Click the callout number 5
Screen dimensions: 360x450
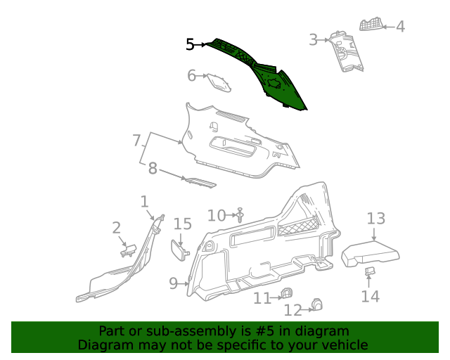pos(190,44)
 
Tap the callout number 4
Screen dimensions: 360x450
pos(400,27)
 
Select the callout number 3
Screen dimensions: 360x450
pos(314,40)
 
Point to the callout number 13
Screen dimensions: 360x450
pos(376,218)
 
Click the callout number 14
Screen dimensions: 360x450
pos(370,296)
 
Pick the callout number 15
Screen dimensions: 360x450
pos(183,224)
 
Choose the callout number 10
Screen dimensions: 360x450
pos(217,215)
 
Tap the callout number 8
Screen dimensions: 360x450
pos(153,168)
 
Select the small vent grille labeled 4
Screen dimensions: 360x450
pos(371,25)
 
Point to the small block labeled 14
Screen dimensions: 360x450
pos(370,271)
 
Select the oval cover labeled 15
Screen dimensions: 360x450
pos(179,250)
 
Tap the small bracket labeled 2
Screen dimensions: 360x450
pos(129,249)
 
